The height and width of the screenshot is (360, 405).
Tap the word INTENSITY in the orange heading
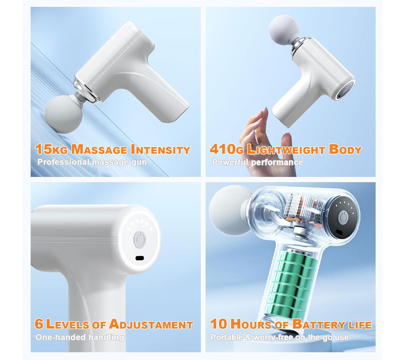pyautogui.click(x=160, y=150)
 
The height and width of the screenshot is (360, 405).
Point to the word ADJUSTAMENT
pyautogui.click(x=151, y=324)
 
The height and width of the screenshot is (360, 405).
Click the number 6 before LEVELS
pyautogui.click(x=39, y=324)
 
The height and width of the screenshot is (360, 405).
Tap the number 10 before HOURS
pyautogui.click(x=219, y=324)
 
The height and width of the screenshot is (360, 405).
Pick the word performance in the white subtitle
pyautogui.click(x=277, y=162)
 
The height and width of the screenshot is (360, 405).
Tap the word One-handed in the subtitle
pyautogui.click(x=60, y=337)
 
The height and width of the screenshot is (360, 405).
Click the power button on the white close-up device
pyautogui.click(x=139, y=239)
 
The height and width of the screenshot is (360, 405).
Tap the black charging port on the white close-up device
pyautogui.click(x=140, y=258)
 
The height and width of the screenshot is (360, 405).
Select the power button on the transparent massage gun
pyautogui.click(x=343, y=217)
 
